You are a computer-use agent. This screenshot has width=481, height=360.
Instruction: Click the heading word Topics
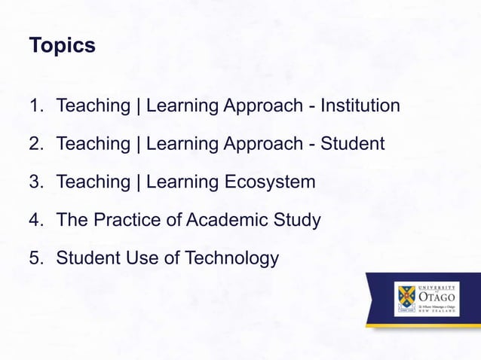coord(62,46)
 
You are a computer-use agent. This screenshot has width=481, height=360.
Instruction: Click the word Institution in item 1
coord(360,105)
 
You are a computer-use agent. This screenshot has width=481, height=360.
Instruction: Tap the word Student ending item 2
coord(353,143)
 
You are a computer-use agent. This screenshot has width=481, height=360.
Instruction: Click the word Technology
coord(230,259)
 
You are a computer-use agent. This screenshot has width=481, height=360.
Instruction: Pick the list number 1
coord(35,105)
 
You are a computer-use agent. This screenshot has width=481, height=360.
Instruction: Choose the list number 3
coord(35,182)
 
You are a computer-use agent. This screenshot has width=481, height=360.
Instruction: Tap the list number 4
coord(35,221)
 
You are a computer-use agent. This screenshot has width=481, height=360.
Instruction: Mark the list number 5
coord(35,259)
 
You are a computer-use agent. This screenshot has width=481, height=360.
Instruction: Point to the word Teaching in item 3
coord(93,182)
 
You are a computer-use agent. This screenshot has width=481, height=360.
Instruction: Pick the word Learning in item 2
coord(182,143)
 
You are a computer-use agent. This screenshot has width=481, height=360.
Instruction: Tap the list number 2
coord(35,143)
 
